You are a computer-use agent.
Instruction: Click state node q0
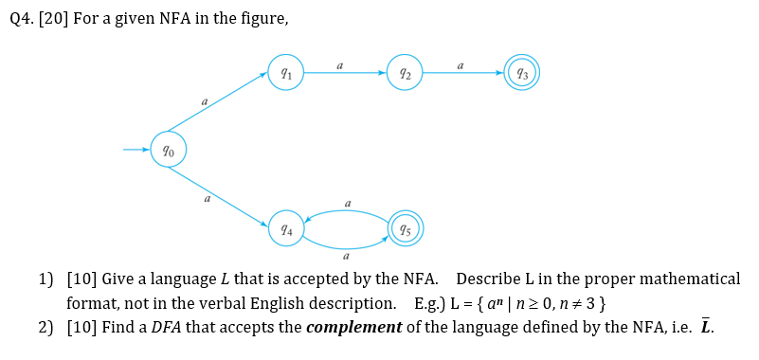click(x=168, y=149)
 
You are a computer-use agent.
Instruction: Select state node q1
click(x=285, y=72)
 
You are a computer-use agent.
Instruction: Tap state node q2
click(x=405, y=72)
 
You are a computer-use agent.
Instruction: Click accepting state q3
click(x=523, y=72)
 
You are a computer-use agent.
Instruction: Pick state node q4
click(x=285, y=228)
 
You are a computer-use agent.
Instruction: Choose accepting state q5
click(x=405, y=228)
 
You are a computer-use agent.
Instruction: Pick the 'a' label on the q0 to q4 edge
click(x=206, y=199)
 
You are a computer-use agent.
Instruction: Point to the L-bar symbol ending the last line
click(x=704, y=327)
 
